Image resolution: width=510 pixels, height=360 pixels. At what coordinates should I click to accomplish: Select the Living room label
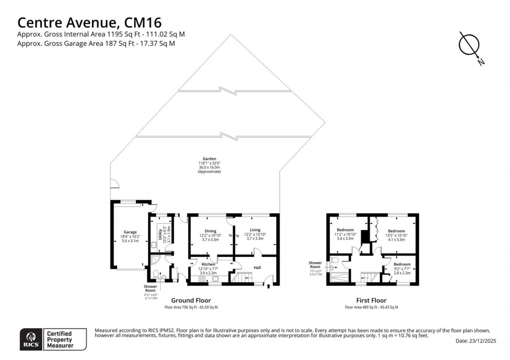click(x=255, y=230)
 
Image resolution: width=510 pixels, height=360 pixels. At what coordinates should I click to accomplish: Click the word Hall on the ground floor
click(x=257, y=267)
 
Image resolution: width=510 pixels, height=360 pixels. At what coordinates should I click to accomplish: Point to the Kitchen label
click(x=208, y=264)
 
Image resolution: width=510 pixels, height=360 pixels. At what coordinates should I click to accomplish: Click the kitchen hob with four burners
click(x=202, y=279)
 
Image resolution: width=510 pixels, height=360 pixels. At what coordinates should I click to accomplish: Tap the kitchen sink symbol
click(x=215, y=279)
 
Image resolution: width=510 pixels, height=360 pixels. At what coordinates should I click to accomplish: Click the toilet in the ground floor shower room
click(x=156, y=274)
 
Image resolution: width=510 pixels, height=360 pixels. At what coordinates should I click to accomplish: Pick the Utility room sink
click(x=154, y=245)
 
